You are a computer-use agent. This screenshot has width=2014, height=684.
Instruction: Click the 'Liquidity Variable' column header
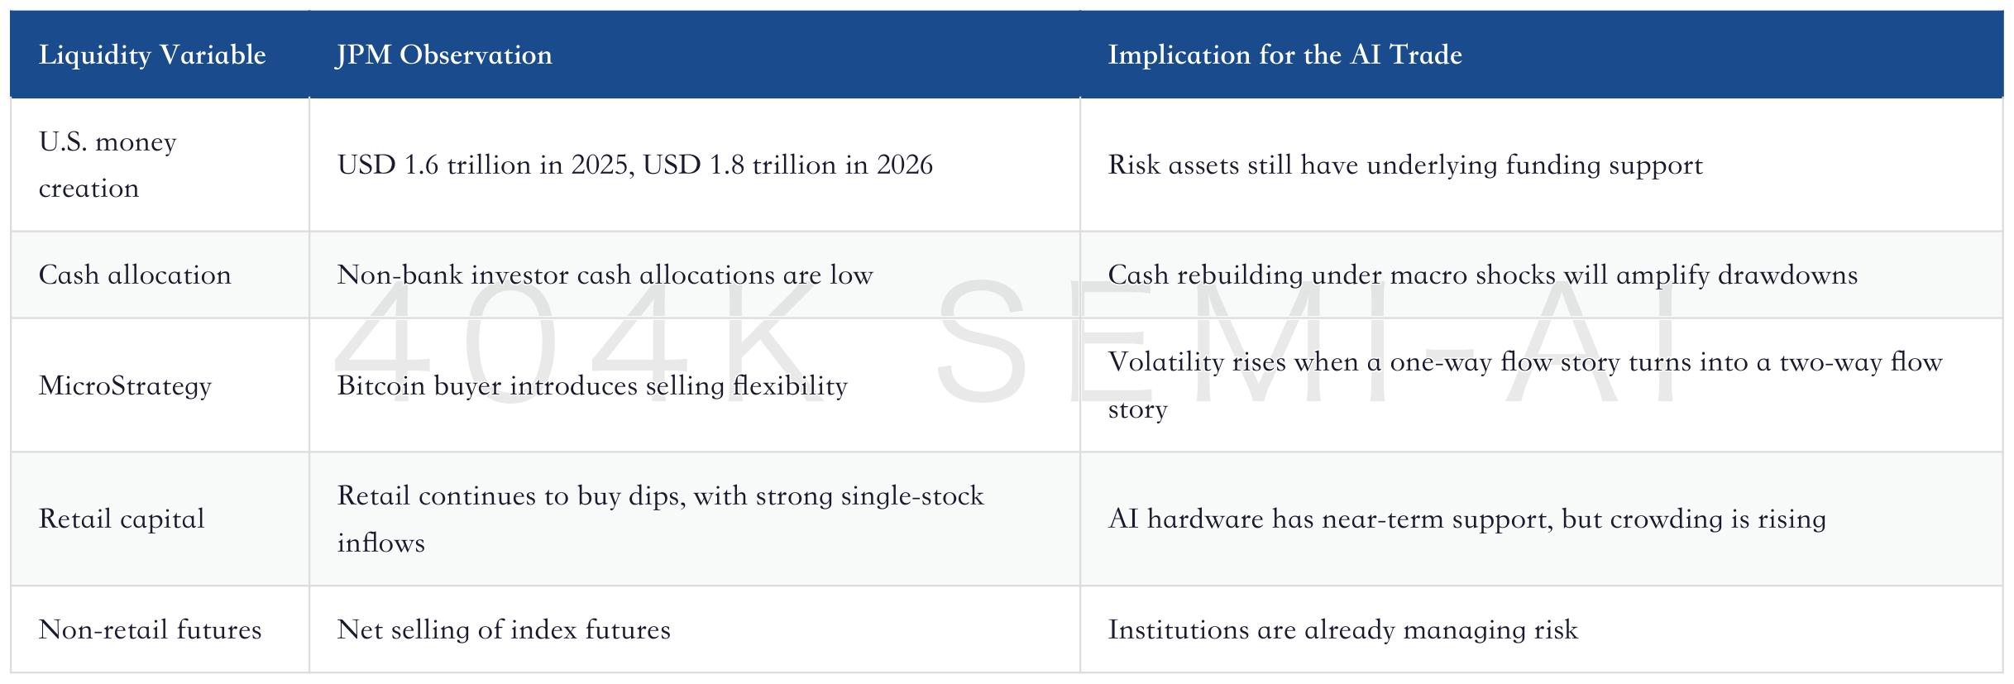click(x=152, y=55)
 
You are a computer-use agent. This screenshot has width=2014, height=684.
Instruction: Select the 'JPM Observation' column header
click(x=444, y=55)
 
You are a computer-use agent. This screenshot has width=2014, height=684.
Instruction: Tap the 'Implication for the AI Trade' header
click(x=1284, y=55)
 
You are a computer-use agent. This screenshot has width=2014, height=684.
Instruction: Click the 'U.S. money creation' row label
click(x=108, y=165)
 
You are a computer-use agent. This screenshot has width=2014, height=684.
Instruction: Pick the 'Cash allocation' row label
click(x=135, y=275)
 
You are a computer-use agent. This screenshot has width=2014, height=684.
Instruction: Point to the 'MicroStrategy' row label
click(x=125, y=386)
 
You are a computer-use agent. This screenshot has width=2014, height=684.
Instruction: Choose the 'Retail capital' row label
click(x=122, y=519)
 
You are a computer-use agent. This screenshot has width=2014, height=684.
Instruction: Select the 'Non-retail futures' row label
click(x=150, y=629)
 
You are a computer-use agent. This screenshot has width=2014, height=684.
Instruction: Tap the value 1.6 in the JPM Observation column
click(x=421, y=165)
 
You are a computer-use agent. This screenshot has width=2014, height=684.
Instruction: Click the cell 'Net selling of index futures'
click(x=504, y=629)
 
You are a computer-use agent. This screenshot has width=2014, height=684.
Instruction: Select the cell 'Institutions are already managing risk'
click(x=1343, y=629)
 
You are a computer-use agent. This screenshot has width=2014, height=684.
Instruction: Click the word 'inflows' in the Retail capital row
click(x=381, y=543)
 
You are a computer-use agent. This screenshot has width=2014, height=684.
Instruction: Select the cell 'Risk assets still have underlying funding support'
click(x=1405, y=165)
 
